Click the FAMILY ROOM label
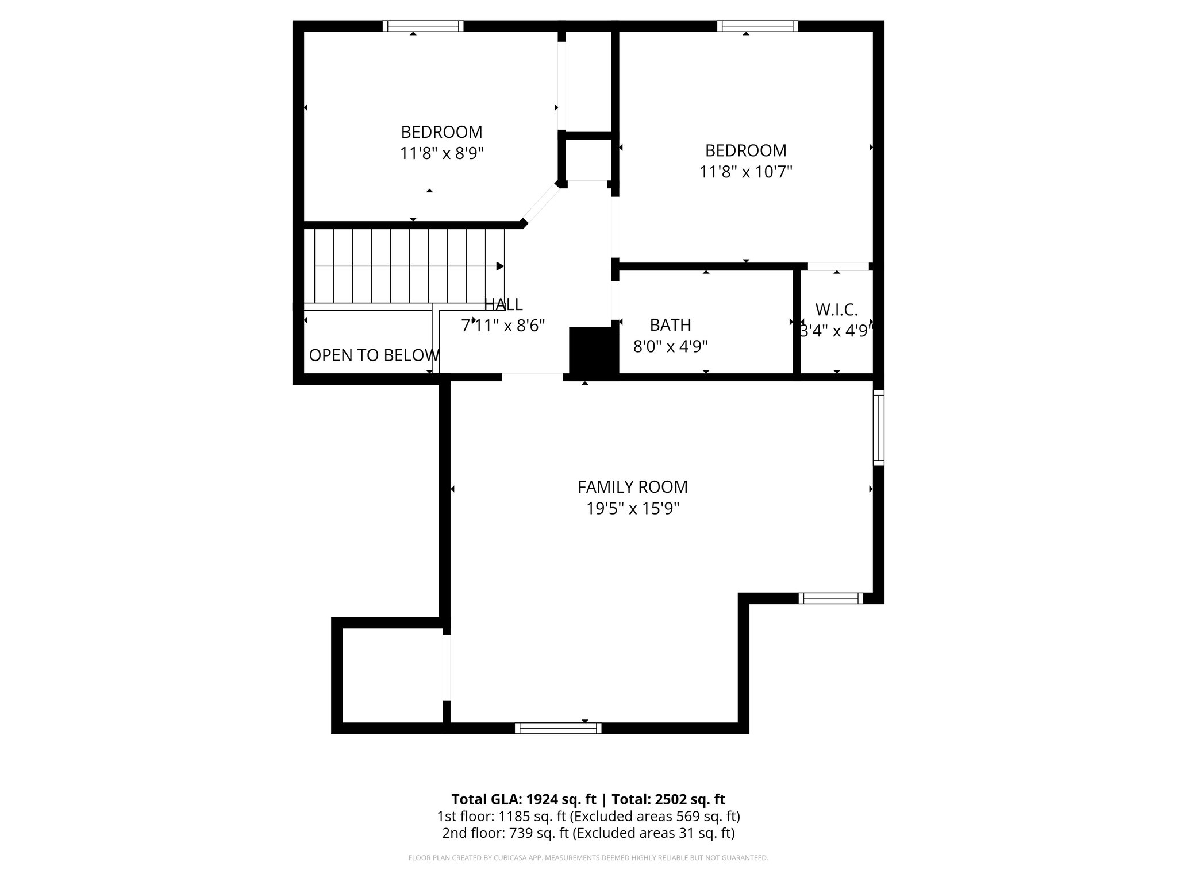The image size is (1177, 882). click(x=632, y=487)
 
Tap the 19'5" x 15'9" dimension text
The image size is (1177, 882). click(x=632, y=509)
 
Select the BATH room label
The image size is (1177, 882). click(x=670, y=325)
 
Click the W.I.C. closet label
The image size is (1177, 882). click(x=836, y=310)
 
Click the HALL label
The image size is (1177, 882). click(x=503, y=304)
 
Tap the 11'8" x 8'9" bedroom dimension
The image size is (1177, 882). click(x=441, y=154)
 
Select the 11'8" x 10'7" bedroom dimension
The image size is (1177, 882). click(x=745, y=172)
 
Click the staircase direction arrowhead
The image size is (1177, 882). click(x=500, y=266)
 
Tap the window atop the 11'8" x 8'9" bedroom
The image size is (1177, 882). click(x=423, y=26)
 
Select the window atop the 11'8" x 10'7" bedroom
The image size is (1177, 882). click(x=757, y=26)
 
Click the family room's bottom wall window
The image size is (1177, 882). click(x=557, y=728)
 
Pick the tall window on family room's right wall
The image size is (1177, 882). click(x=879, y=428)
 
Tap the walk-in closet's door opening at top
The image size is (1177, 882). click(x=838, y=266)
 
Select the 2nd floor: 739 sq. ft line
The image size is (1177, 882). click(x=588, y=833)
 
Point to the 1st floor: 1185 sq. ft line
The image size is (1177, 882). click(x=588, y=816)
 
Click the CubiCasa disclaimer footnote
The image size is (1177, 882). click(x=588, y=858)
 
